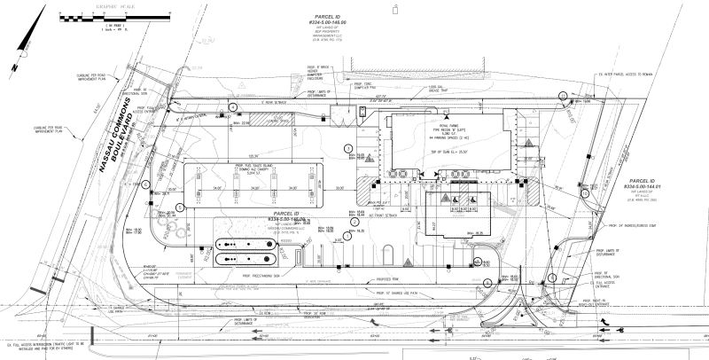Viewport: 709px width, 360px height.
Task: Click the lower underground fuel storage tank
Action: tap(242, 260)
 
